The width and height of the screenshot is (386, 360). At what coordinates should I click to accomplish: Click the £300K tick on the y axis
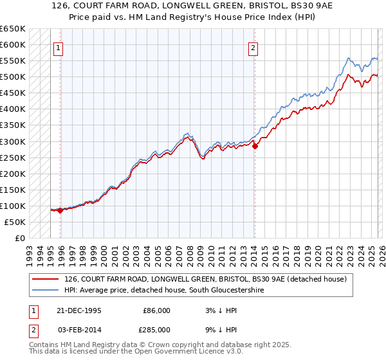coord(12,141)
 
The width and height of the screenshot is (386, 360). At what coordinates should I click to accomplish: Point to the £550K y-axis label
coord(12,61)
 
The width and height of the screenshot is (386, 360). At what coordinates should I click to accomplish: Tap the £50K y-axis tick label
coord(15,222)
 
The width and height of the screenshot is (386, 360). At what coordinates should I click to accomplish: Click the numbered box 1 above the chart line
coord(59,47)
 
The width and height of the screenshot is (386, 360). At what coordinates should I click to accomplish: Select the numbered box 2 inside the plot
coord(253,47)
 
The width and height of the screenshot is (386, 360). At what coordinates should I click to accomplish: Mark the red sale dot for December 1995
coord(60,210)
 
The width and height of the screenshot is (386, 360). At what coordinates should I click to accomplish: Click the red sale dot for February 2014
coord(255,146)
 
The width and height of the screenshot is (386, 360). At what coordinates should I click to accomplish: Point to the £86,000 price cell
coord(156,310)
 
